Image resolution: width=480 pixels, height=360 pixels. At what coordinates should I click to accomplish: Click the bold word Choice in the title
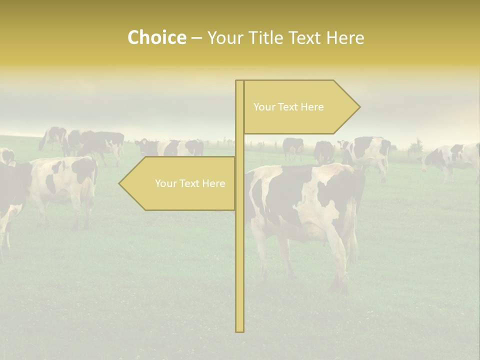click(x=156, y=37)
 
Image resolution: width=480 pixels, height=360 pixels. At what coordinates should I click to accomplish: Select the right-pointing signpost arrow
click(x=300, y=107)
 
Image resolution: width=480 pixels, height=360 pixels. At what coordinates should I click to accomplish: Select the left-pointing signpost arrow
click(x=180, y=183)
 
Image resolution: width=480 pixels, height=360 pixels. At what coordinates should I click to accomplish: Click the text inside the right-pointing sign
click(x=288, y=107)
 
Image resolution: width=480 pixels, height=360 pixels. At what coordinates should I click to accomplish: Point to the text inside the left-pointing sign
click(x=190, y=183)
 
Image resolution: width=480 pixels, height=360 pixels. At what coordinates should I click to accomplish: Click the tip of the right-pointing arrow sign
click(x=358, y=106)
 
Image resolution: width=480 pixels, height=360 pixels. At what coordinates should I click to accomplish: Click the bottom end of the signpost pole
click(x=240, y=330)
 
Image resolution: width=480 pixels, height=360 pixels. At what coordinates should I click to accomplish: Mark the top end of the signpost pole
click(x=240, y=82)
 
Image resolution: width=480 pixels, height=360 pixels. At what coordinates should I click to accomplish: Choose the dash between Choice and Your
click(x=196, y=38)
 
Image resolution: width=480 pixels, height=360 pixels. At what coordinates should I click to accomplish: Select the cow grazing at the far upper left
click(x=53, y=137)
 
